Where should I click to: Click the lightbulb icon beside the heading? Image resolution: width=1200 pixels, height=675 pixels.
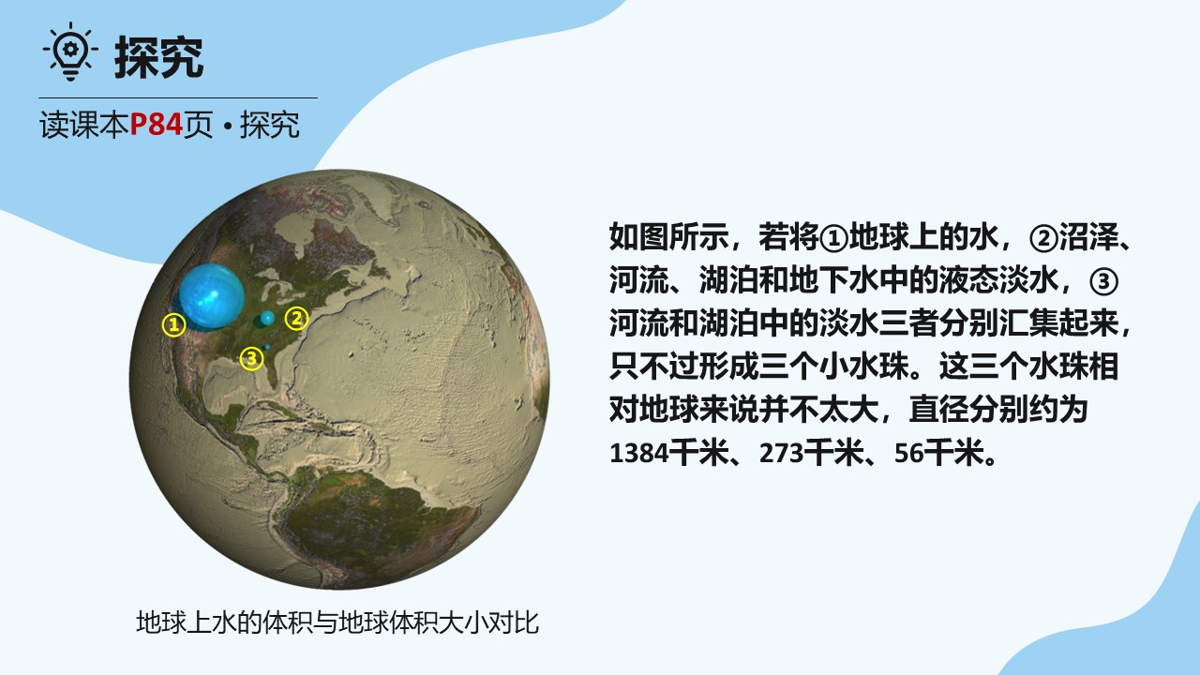pos(70,52)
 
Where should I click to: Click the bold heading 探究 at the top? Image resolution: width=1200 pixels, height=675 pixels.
pos(159,57)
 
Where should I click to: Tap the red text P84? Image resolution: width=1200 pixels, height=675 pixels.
pos(157,125)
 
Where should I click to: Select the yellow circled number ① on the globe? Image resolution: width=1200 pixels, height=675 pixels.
pos(174,324)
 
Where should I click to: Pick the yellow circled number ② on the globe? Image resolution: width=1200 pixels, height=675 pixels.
pos(296,318)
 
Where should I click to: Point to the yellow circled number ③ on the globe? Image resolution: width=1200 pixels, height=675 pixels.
pos(252,358)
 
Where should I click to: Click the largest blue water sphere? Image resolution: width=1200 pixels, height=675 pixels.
pos(212,295)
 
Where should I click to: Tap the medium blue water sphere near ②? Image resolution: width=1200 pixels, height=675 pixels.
pos(267,318)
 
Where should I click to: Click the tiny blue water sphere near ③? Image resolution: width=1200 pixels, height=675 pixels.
pos(267,348)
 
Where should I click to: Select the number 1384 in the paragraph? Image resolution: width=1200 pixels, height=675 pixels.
pos(639,453)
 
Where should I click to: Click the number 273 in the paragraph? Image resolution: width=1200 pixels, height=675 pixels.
pos(782,453)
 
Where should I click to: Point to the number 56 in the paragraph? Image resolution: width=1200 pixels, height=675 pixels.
pos(909,453)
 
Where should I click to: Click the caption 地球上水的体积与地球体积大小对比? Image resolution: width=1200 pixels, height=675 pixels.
pos(337,622)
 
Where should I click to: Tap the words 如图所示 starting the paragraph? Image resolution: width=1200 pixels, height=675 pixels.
pos(669,236)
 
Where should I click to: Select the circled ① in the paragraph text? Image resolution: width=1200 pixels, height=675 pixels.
pos(834,238)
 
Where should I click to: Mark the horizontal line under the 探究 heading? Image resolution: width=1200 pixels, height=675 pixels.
pos(178,98)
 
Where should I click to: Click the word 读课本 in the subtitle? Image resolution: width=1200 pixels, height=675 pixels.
pos(84,125)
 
